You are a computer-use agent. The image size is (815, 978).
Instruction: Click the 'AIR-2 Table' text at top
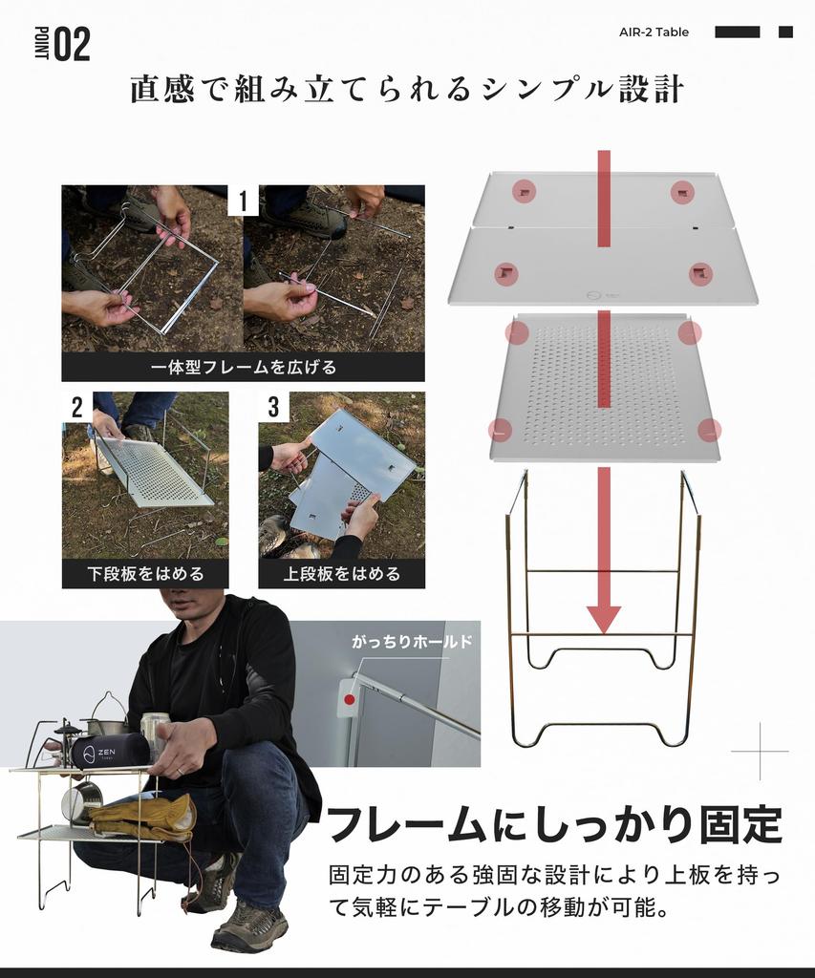tap(654, 32)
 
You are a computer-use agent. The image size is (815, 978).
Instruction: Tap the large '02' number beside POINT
tap(72, 45)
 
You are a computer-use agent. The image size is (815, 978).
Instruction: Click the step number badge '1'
tap(243, 202)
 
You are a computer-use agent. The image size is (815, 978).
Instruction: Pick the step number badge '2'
tap(77, 408)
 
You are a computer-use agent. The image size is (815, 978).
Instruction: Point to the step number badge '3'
tap(274, 408)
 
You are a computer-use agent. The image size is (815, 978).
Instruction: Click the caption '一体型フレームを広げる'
tap(243, 367)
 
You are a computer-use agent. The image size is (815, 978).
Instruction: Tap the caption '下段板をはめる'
tap(145, 573)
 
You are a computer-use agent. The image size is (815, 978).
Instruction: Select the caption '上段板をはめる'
tap(341, 573)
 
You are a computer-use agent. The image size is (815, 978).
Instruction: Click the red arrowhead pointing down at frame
tap(603, 618)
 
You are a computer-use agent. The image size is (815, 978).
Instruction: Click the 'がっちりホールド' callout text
tap(412, 642)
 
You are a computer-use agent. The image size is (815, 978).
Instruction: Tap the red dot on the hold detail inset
tap(350, 699)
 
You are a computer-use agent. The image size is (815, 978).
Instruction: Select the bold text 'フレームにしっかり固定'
tap(554, 824)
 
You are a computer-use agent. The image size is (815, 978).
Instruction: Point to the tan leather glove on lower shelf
tap(143, 815)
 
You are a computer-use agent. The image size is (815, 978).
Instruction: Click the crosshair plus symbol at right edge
tap(761, 752)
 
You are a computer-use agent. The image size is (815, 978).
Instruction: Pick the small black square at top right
tap(785, 32)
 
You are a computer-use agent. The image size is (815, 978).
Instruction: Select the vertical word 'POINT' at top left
tap(41, 44)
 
